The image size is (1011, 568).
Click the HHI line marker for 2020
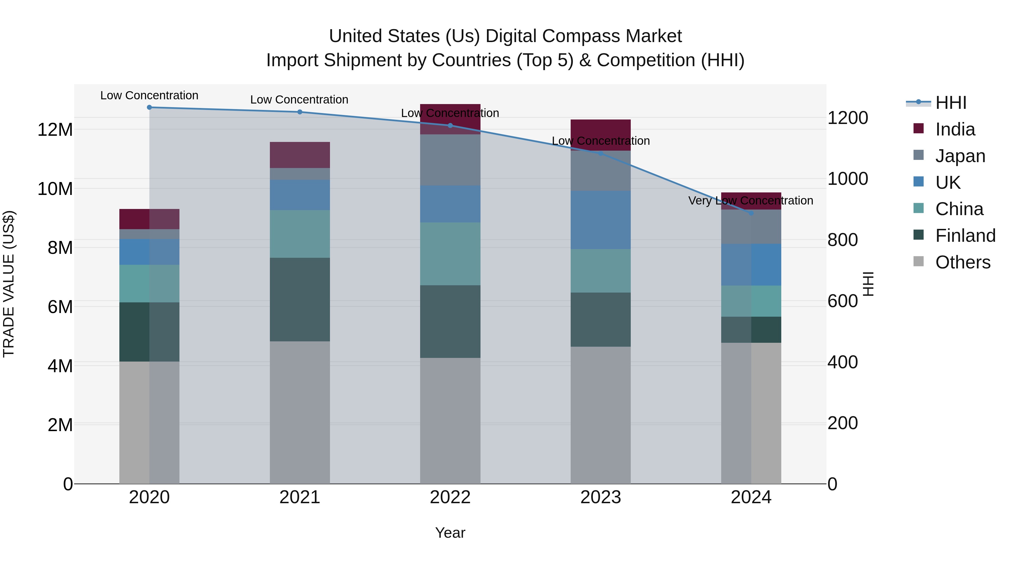(x=149, y=107)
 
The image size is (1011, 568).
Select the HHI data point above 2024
(x=751, y=213)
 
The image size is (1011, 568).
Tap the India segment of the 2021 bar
(x=300, y=155)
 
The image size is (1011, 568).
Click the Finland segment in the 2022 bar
(x=450, y=321)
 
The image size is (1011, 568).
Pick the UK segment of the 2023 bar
(x=600, y=220)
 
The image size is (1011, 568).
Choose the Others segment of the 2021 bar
(x=300, y=412)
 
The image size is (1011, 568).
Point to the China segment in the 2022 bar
(x=450, y=254)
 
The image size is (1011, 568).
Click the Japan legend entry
(x=960, y=156)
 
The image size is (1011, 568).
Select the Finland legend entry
(x=965, y=236)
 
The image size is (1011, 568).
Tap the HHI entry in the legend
(x=951, y=103)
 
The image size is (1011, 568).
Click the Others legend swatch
(x=919, y=261)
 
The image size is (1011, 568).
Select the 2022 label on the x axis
(x=450, y=497)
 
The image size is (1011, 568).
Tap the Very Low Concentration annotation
(x=750, y=201)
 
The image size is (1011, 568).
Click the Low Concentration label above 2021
(x=299, y=100)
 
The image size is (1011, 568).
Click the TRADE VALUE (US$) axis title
(x=9, y=284)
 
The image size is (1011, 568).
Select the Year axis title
(x=450, y=533)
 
